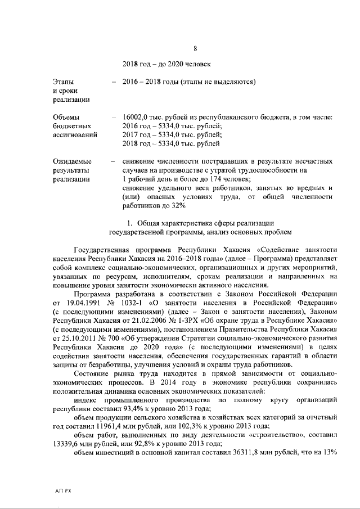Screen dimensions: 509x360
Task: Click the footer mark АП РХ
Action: pyautogui.click(x=63, y=490)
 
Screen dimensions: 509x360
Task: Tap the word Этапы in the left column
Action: pyautogui.click(x=62, y=81)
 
